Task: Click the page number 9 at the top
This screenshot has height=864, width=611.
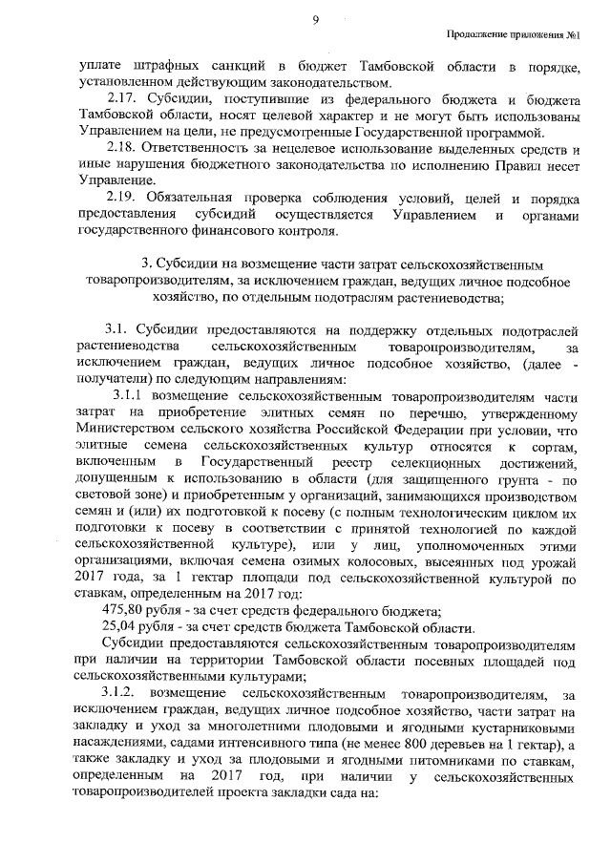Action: tap(313, 19)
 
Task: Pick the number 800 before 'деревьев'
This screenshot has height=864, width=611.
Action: tap(449, 742)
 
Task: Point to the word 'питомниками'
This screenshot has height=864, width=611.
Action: tap(409, 758)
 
